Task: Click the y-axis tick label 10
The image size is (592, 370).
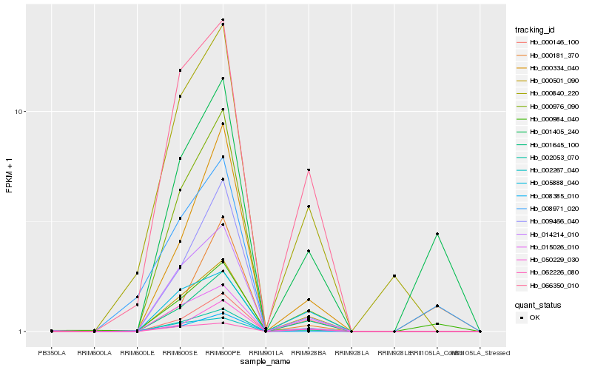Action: tap(21, 112)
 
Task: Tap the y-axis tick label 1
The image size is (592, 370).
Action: tap(23, 332)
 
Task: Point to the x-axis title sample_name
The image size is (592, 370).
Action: tap(265, 362)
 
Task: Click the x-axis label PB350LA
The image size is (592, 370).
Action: tap(51, 353)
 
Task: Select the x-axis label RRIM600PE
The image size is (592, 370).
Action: tap(223, 353)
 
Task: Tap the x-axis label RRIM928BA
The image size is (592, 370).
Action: tap(309, 353)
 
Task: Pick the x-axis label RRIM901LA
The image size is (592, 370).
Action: tap(266, 353)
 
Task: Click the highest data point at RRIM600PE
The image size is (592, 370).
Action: tap(223, 20)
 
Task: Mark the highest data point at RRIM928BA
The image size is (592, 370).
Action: tap(309, 170)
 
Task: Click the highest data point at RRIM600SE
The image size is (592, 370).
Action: tap(180, 70)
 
